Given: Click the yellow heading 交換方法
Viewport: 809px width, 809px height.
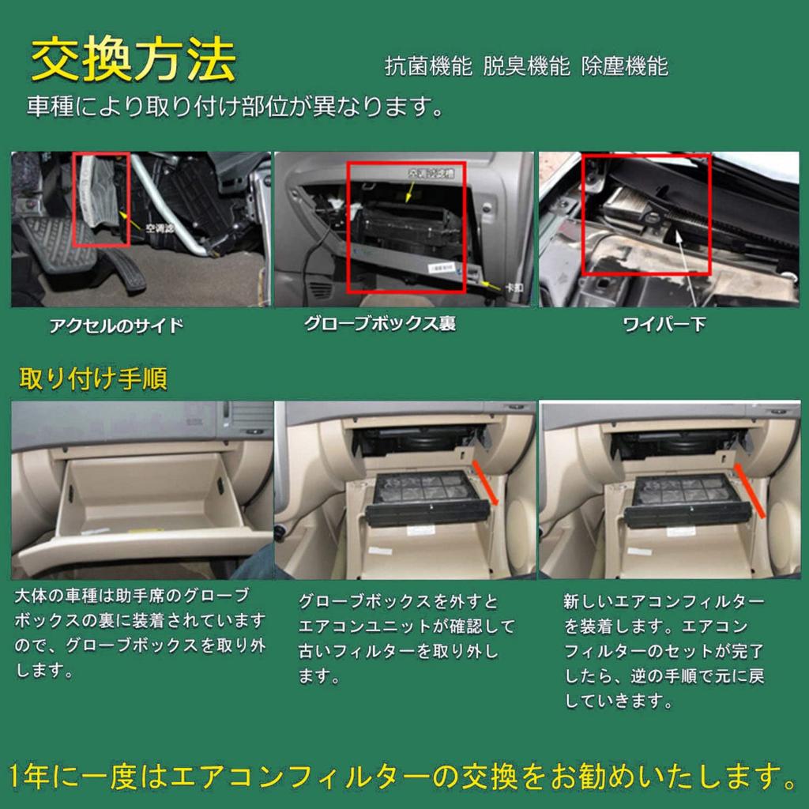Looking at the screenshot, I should pos(133,59).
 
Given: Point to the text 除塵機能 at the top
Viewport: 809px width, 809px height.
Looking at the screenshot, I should pos(624,66).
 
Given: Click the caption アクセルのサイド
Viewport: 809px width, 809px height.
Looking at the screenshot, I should pos(116,325).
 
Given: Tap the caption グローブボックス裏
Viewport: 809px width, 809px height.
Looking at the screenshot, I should pos(379,324).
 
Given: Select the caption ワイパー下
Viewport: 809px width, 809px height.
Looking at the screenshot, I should pos(664,325).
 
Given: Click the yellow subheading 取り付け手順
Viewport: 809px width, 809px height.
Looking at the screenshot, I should pos(92,378).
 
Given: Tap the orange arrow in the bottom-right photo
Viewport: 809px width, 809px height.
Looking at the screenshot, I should pos(750,490).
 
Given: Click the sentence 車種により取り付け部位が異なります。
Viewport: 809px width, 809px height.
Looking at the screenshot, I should pos(235,107).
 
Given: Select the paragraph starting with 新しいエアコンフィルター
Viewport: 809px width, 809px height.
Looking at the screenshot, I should pos(664,651).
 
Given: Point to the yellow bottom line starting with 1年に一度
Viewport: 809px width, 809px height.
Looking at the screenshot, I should pos(404,776).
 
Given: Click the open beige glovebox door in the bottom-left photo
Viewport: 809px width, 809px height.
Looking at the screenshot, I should pos(142,545).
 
